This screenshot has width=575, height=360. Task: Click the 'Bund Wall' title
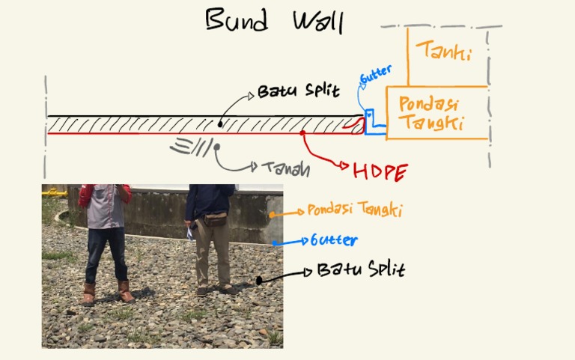pyautogui.click(x=274, y=20)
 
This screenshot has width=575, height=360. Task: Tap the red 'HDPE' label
pyautogui.click(x=380, y=171)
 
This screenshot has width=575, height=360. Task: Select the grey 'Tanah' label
pyautogui.click(x=285, y=168)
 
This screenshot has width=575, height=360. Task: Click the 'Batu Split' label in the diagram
pyautogui.click(x=298, y=92)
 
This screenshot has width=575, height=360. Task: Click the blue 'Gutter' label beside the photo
pyautogui.click(x=333, y=240)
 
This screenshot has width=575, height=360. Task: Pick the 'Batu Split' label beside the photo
pyautogui.click(x=360, y=269)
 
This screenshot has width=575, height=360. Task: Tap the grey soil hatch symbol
pyautogui.click(x=191, y=145)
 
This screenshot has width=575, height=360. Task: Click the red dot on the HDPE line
pyautogui.click(x=302, y=133)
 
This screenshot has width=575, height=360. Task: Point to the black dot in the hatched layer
pyautogui.click(x=220, y=124)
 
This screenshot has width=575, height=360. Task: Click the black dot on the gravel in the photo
pyautogui.click(x=259, y=281)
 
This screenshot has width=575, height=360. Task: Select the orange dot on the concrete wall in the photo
pyautogui.click(x=273, y=214)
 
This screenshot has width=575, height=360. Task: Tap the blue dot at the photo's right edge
pyautogui.click(x=275, y=242)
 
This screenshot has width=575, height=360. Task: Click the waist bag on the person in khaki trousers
pyautogui.click(x=215, y=219)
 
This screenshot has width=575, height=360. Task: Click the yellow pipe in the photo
pyautogui.click(x=53, y=192)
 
